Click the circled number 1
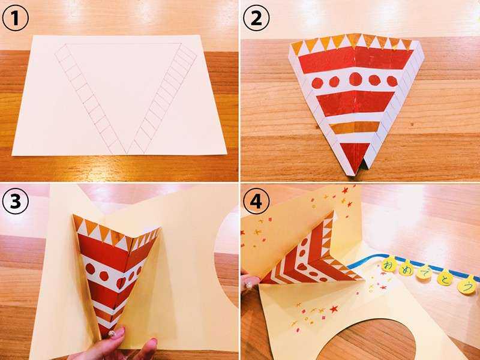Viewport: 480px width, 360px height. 16,18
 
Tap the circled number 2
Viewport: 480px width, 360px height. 256,18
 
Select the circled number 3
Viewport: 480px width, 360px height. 16,201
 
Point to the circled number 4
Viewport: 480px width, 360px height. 256,201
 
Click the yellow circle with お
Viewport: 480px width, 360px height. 389,265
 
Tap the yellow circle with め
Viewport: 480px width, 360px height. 407,269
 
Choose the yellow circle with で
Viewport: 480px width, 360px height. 424,274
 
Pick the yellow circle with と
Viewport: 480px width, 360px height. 445,278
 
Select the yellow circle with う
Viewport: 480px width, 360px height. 467,287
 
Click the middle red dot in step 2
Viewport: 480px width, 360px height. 355,79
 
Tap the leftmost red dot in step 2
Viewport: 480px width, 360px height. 317,83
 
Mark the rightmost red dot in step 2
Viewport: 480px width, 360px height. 392,81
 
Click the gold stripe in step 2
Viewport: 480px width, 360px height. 355,127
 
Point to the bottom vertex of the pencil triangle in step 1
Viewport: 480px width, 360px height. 127,154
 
